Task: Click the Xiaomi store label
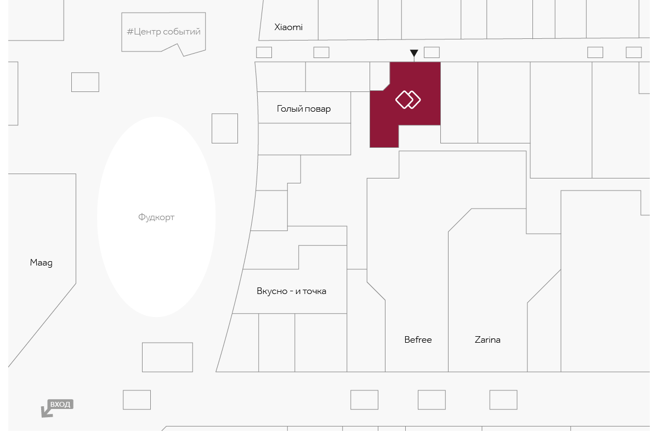[x=288, y=27]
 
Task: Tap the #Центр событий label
[x=163, y=32]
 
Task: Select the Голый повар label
[x=304, y=109]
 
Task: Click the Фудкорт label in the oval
[x=156, y=217]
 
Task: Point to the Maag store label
[x=41, y=263]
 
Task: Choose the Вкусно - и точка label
[x=291, y=291]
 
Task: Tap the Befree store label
[x=418, y=339]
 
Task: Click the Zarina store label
[x=487, y=339]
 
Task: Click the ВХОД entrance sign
[x=60, y=404]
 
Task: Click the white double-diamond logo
[x=408, y=100]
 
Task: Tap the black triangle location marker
[x=414, y=53]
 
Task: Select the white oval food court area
[x=156, y=217]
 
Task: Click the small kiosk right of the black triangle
[x=432, y=53]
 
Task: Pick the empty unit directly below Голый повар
[x=304, y=139]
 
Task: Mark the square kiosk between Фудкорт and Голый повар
[x=225, y=129]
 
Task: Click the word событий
[x=182, y=32]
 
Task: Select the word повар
[x=317, y=109]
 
